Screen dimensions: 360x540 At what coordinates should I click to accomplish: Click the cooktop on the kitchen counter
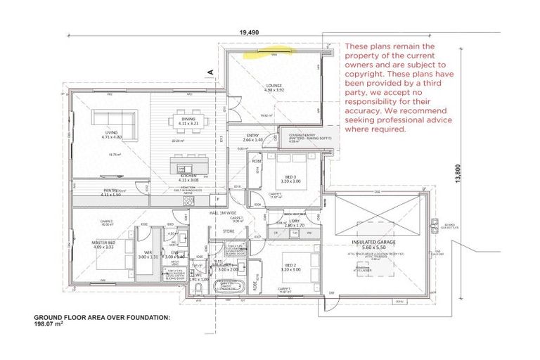pos(188,200)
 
